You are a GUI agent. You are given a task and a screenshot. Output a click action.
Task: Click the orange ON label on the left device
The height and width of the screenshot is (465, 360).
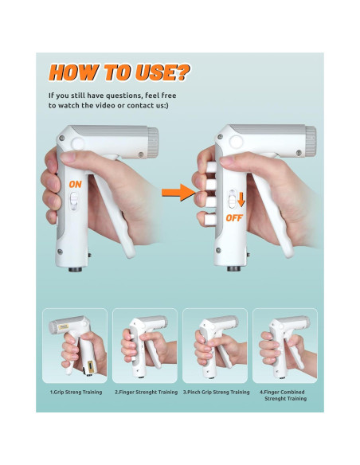click(76, 184)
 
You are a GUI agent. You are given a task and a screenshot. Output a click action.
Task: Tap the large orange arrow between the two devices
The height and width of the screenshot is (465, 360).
click(178, 190)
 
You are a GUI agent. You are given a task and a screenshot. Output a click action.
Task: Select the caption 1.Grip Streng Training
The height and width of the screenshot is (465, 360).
click(75, 392)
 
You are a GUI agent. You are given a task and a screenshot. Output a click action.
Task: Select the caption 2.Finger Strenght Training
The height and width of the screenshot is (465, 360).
click(146, 392)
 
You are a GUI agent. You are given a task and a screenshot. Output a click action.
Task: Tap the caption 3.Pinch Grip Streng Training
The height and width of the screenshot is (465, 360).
click(216, 392)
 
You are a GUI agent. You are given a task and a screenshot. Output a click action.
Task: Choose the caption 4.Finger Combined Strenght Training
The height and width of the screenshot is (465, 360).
click(284, 395)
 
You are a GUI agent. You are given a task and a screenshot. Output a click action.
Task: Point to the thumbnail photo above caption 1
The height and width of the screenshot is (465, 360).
click(75, 346)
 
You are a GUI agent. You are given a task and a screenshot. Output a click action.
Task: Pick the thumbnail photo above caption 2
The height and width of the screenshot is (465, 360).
click(145, 346)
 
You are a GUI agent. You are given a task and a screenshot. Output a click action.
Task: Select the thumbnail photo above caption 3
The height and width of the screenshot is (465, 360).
click(215, 346)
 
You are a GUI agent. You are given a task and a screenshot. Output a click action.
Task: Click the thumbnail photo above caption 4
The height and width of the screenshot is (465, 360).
click(284, 346)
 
